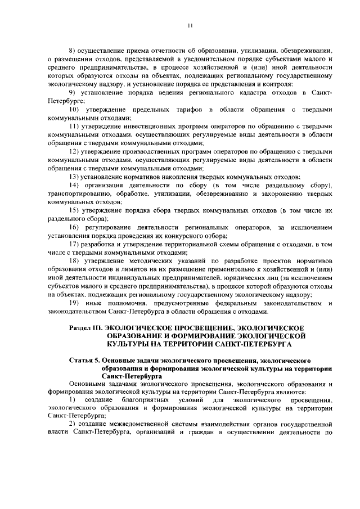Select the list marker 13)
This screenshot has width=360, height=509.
pos(73,176)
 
